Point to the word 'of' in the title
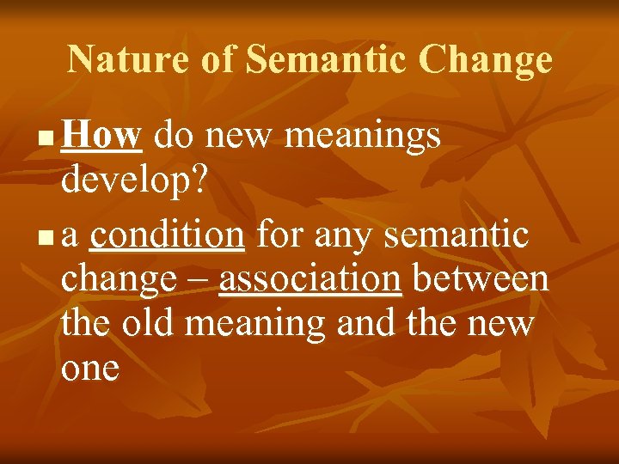tap(217, 59)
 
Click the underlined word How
tap(101, 135)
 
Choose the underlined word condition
tap(167, 235)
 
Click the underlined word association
tap(309, 279)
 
